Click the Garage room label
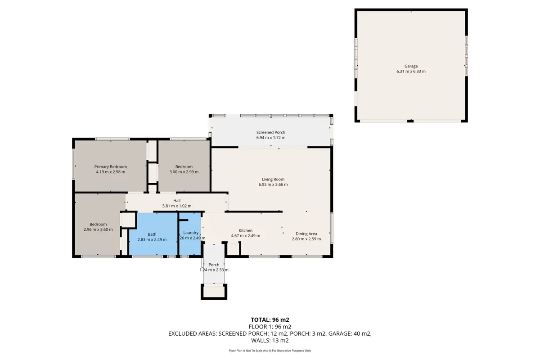[411, 66]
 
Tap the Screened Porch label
[271, 132]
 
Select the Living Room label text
[273, 180]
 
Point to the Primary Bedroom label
[110, 167]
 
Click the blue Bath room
[153, 234]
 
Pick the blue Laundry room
[190, 234]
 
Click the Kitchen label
[245, 230]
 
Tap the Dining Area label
[306, 234]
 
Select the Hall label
[177, 201]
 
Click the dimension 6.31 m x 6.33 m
[411, 72]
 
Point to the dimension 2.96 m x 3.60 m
[98, 229]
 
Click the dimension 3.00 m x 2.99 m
[184, 172]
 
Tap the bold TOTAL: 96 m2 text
[270, 320]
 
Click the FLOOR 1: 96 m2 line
[270, 327]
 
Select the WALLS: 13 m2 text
[270, 341]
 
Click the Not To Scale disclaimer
[270, 351]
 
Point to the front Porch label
[214, 265]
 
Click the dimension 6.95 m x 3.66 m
[273, 184]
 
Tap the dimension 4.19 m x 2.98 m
[111, 172]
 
